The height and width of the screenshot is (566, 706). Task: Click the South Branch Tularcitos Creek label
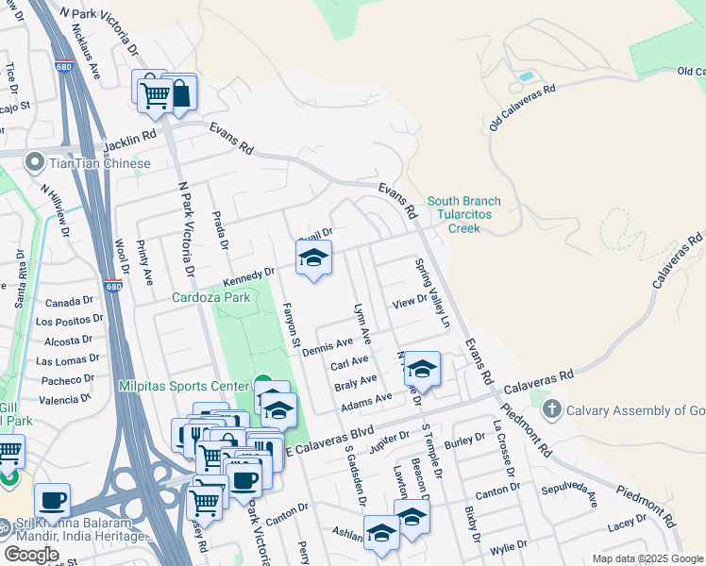[x=464, y=214]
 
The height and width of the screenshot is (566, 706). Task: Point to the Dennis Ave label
[x=328, y=346]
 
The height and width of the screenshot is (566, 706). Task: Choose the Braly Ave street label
[x=356, y=380]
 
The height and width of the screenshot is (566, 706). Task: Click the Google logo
[x=31, y=555]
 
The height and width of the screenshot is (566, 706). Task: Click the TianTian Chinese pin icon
[x=36, y=163]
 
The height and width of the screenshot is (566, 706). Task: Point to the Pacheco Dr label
[x=67, y=380]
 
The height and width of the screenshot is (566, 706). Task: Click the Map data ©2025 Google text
[x=647, y=558]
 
